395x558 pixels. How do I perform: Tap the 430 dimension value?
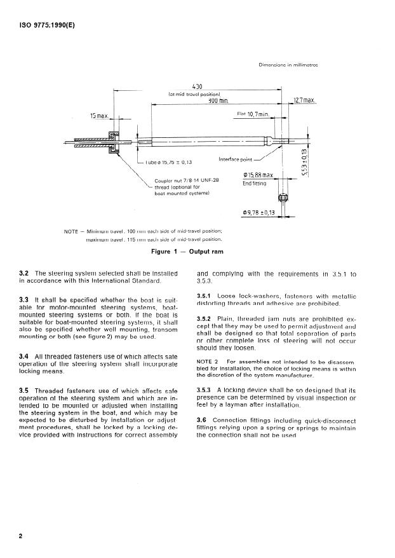click(197, 86)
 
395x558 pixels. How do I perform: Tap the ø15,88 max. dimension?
click(258, 175)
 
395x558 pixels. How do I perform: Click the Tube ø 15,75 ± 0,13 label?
click(168, 163)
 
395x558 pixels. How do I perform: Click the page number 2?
click(22, 536)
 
